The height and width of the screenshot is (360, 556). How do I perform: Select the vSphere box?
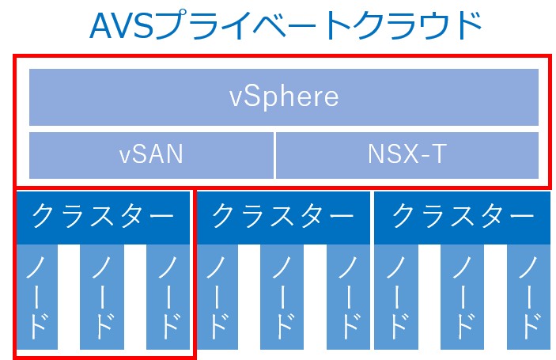tap(284, 97)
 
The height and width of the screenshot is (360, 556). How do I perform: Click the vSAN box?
tap(151, 154)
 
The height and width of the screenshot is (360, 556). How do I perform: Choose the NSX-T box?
tap(407, 154)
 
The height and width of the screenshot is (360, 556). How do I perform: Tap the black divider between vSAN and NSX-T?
tap(274, 154)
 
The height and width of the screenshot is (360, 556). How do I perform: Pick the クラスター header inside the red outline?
tap(103, 216)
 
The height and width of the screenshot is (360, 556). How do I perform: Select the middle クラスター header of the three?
tap(283, 216)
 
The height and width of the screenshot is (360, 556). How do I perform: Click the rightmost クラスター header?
tap(463, 216)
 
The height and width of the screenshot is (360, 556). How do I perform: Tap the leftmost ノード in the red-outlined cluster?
tap(36, 297)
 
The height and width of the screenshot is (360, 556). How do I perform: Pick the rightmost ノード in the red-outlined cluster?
tap(168, 297)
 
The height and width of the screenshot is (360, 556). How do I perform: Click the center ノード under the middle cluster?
tap(282, 297)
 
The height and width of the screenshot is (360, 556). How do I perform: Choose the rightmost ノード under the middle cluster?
tap(349, 297)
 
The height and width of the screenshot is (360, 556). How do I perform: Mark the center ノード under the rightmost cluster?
tap(463, 297)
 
